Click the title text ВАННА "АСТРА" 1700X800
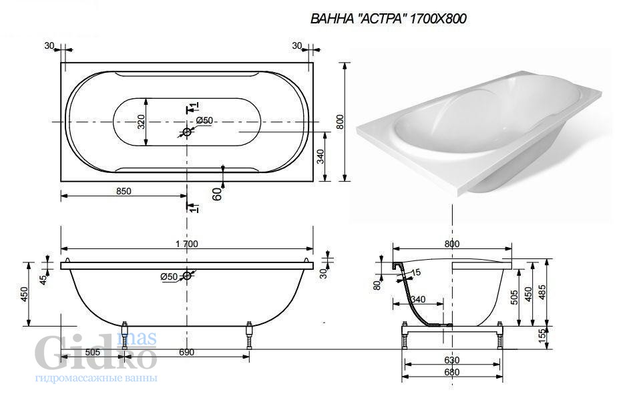[x=389, y=19]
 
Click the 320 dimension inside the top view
[x=140, y=122]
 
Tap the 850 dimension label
[x=124, y=191]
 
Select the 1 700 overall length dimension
[x=187, y=244]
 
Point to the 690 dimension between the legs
[x=186, y=352]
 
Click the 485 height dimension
[x=542, y=292]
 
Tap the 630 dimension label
[x=452, y=360]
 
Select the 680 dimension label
[x=452, y=372]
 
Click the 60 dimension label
[x=216, y=194]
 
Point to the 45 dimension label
[x=43, y=279]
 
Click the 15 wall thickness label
[x=416, y=272]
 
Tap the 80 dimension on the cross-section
[x=377, y=285]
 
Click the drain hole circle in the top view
[x=187, y=132]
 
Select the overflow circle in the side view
[x=187, y=275]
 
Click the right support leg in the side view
[x=248, y=336]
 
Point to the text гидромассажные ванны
[x=96, y=378]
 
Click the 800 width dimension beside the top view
[x=341, y=122]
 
